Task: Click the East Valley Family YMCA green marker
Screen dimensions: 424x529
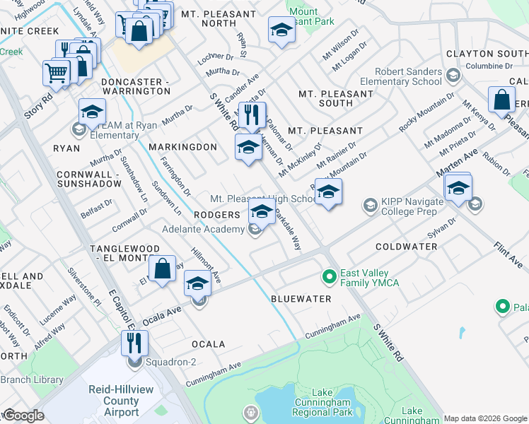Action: click(x=328, y=275)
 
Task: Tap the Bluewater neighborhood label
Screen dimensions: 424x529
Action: click(x=301, y=299)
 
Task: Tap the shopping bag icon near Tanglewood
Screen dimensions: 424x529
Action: click(x=162, y=269)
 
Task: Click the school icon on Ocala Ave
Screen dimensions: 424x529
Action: click(x=197, y=284)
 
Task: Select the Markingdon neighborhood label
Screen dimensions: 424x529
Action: click(x=182, y=147)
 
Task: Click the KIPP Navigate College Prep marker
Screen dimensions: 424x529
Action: click(x=369, y=205)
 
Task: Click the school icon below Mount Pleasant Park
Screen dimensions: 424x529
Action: click(x=281, y=30)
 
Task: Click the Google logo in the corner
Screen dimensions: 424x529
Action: click(x=23, y=416)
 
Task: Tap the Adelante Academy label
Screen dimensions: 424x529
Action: click(x=203, y=229)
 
